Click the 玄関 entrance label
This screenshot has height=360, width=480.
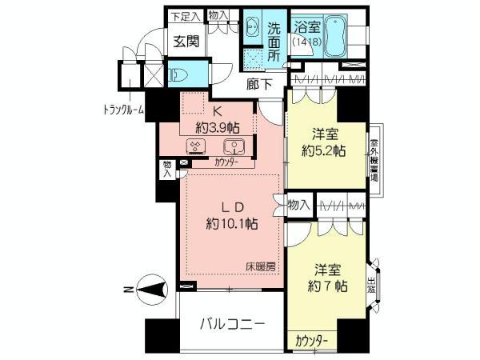click(186, 42)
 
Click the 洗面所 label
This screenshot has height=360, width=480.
click(274, 40)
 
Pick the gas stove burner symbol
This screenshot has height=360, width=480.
click(196, 146)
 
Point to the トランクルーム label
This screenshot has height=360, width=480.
click(122, 110)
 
